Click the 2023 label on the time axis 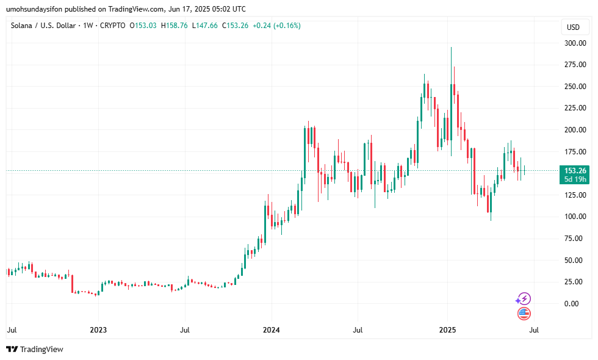(x=98, y=330)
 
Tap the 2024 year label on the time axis (x=272, y=330)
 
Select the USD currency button (x=573, y=27)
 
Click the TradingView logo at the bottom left (x=35, y=349)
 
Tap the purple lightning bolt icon (x=524, y=298)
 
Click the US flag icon (x=524, y=314)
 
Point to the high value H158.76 (x=175, y=26)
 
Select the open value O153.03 (x=144, y=26)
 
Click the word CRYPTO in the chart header (x=113, y=26)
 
